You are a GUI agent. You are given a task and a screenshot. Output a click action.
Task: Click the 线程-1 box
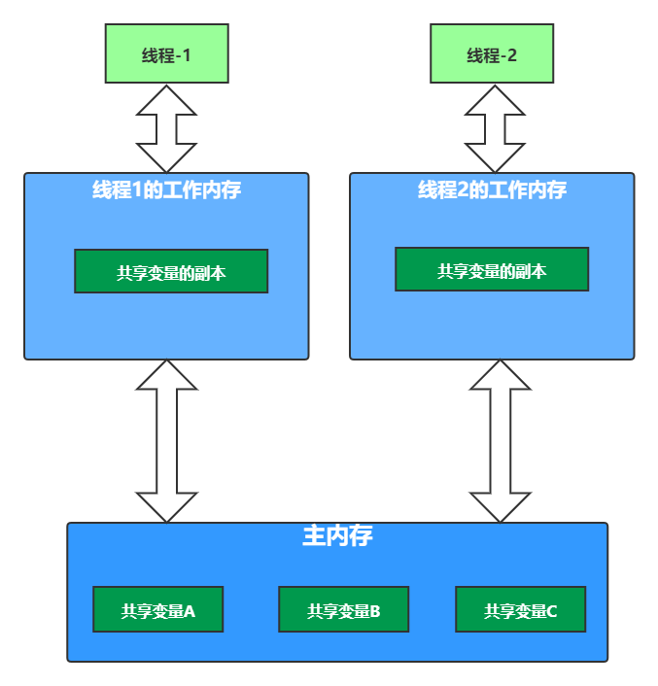coord(166,54)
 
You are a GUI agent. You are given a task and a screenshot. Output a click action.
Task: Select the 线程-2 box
coord(492,54)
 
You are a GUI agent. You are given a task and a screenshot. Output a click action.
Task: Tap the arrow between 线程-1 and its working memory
coord(166,129)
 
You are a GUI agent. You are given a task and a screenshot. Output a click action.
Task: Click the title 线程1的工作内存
coord(166,190)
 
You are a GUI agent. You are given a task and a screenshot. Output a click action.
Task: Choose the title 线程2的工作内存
coord(492,190)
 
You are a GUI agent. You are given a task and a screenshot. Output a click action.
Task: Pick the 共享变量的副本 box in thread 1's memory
coord(171,272)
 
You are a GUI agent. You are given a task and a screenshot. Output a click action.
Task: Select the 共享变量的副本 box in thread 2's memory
coord(492,270)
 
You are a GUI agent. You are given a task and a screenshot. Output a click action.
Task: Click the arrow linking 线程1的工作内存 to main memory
coord(166,441)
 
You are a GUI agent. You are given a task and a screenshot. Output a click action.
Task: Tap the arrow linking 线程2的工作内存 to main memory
coord(500,441)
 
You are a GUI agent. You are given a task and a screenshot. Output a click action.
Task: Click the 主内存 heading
coord(337,536)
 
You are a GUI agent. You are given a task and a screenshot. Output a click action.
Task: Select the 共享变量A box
coord(158,610)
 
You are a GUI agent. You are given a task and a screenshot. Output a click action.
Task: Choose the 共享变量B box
coord(343,610)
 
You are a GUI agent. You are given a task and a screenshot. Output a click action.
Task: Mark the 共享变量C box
coord(520,610)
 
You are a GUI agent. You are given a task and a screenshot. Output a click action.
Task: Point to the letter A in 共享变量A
coord(190,611)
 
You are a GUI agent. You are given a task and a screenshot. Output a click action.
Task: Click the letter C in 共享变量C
coord(552,611)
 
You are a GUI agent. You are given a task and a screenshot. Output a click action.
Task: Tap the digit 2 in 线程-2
coord(511,55)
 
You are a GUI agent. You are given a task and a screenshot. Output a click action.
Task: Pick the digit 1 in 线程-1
coord(186,55)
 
